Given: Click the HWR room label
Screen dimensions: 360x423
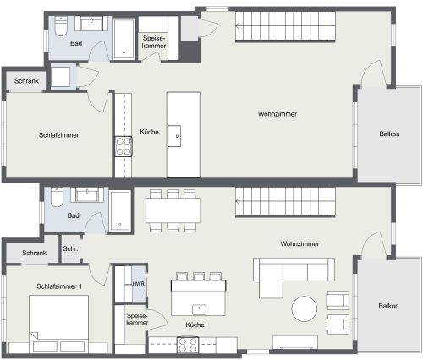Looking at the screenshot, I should pyautogui.click(x=138, y=285).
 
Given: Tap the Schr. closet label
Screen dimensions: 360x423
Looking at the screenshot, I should pyautogui.click(x=70, y=250).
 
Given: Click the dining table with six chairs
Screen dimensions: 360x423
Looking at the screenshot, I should pyautogui.click(x=173, y=210).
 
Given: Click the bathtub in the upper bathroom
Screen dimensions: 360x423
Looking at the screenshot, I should pyautogui.click(x=124, y=38).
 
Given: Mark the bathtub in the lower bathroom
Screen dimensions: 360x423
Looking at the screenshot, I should pyautogui.click(x=119, y=211).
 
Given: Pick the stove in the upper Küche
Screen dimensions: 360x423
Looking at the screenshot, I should pyautogui.click(x=124, y=146).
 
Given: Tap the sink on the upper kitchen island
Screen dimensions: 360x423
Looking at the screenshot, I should pyautogui.click(x=177, y=131).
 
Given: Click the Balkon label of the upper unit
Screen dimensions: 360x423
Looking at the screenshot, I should pyautogui.click(x=390, y=133).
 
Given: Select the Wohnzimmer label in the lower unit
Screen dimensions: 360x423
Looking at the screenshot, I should pyautogui.click(x=300, y=244).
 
